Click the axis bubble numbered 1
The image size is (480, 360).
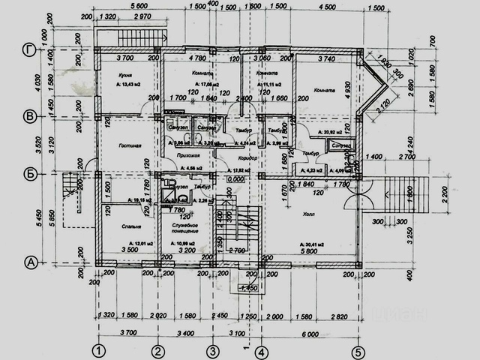(97, 350)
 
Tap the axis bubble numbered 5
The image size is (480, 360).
(358, 350)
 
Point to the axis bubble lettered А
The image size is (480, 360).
(30, 262)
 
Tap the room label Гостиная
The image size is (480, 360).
(120, 147)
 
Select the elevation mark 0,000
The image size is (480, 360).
(237, 180)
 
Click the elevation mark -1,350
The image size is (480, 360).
(247, 287)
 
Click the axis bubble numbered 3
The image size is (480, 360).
(213, 350)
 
